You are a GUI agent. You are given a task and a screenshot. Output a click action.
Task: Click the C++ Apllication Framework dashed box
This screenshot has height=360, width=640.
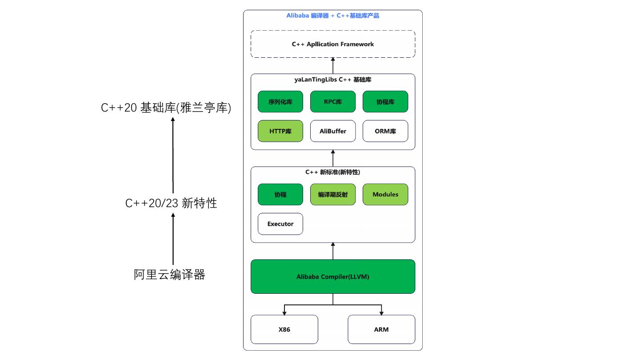click(x=333, y=44)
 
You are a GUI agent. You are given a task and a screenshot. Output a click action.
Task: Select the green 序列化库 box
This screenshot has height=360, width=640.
click(x=280, y=102)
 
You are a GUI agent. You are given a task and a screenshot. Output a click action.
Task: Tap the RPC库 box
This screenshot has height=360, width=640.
click(x=333, y=102)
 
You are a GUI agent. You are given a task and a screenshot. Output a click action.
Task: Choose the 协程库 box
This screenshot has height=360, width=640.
click(x=385, y=102)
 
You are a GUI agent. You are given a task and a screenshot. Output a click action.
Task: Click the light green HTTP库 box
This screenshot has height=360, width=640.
click(x=280, y=131)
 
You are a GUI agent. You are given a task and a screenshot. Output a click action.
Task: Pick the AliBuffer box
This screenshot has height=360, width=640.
click(x=333, y=131)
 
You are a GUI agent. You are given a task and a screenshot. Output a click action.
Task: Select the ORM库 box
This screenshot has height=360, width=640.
click(x=385, y=131)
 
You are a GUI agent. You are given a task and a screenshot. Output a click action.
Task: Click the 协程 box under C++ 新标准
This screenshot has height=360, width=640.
click(x=280, y=195)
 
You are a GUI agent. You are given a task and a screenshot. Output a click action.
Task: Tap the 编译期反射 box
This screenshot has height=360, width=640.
click(x=333, y=195)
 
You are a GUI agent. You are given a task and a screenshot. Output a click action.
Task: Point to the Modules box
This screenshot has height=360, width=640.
click(x=385, y=195)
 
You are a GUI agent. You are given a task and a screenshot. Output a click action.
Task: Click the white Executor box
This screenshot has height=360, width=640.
click(x=280, y=224)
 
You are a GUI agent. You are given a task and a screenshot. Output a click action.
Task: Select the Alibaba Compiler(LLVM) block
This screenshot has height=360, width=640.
click(x=333, y=276)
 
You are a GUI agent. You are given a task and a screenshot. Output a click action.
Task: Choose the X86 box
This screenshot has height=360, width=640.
click(x=284, y=329)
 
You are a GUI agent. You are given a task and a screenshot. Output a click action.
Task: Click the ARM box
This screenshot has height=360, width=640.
click(x=381, y=329)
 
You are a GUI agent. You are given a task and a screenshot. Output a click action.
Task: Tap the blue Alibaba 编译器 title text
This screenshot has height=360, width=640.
click(x=308, y=16)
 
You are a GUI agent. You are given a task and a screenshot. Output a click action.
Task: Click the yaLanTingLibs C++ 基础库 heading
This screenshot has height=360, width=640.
click(x=333, y=80)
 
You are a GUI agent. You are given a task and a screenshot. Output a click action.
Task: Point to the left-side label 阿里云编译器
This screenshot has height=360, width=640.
click(x=169, y=275)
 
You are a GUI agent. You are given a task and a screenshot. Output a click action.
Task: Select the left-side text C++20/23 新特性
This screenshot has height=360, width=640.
click(x=171, y=203)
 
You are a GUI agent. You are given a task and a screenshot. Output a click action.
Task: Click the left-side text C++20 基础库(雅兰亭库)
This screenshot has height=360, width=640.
click(x=166, y=108)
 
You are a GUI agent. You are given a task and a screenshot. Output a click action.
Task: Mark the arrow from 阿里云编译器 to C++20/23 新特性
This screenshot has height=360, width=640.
click(x=173, y=239)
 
